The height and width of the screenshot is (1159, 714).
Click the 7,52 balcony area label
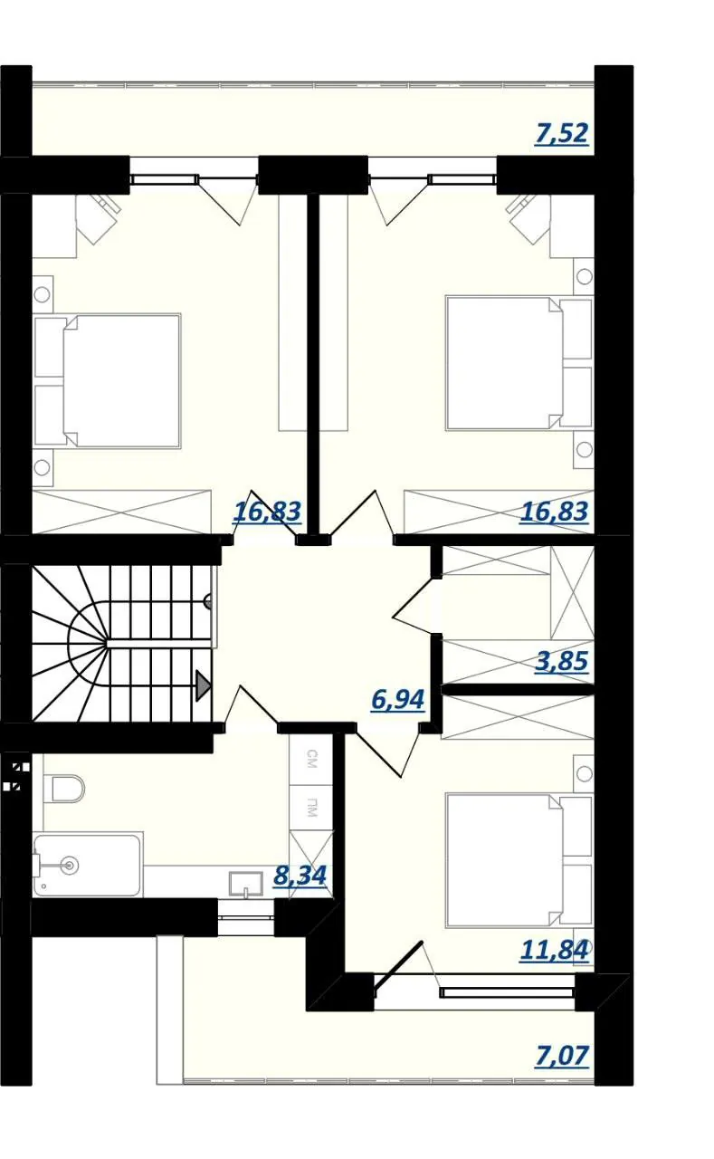coord(562,133)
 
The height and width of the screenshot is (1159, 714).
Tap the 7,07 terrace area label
coord(562,1056)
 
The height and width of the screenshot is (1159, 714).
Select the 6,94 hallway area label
coord(397,700)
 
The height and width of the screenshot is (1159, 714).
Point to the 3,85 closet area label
coord(562,661)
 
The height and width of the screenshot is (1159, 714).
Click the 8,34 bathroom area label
coord(300,876)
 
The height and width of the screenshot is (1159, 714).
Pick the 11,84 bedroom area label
coord(554,950)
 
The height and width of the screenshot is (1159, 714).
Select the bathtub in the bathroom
coord(87,865)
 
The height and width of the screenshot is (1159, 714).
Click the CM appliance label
coord(311,759)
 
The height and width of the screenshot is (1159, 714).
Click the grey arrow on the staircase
coord(204,686)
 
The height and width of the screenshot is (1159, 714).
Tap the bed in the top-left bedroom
coord(108,380)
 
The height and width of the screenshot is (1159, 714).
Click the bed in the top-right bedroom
coord(519,363)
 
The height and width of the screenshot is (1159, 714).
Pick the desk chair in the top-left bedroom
coord(99,218)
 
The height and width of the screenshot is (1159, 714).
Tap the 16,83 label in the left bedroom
coord(267,512)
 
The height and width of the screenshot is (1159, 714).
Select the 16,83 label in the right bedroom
coord(554,512)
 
